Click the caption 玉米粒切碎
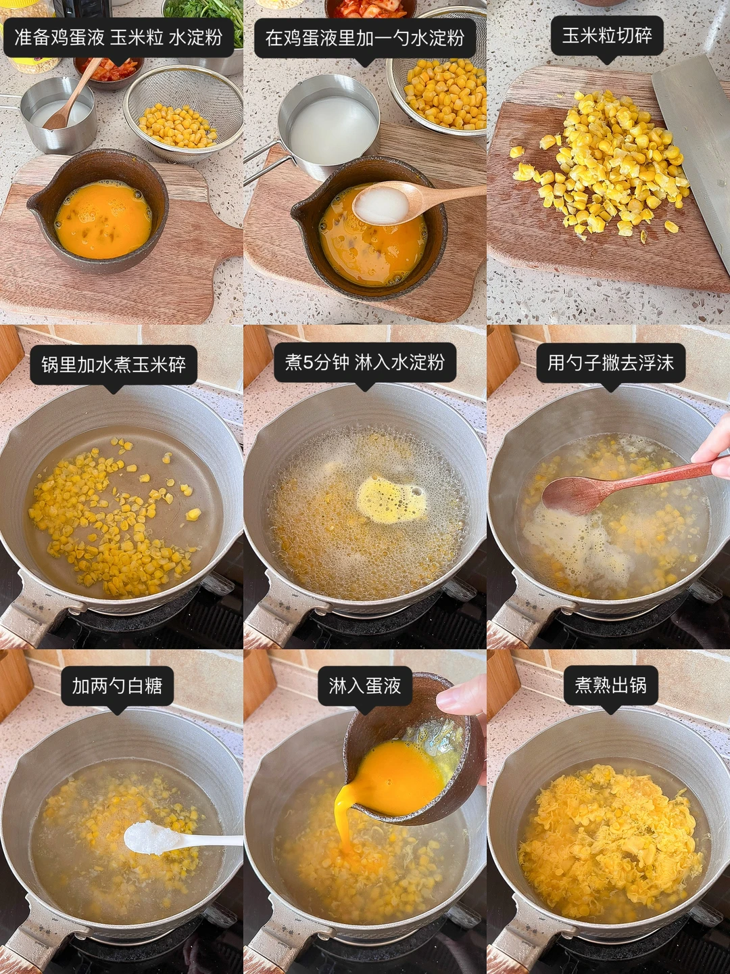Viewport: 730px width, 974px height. [607, 36]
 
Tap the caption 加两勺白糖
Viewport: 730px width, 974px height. [117, 686]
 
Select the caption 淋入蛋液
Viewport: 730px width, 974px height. [365, 686]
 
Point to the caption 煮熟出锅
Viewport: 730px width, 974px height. [611, 686]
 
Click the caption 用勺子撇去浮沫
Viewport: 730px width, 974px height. [611, 363]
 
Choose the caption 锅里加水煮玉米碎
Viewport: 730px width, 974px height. [114, 365]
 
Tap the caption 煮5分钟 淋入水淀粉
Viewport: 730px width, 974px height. [365, 363]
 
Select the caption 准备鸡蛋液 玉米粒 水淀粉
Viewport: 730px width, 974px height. [118, 37]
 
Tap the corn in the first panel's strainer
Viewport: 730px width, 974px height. [177, 126]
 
